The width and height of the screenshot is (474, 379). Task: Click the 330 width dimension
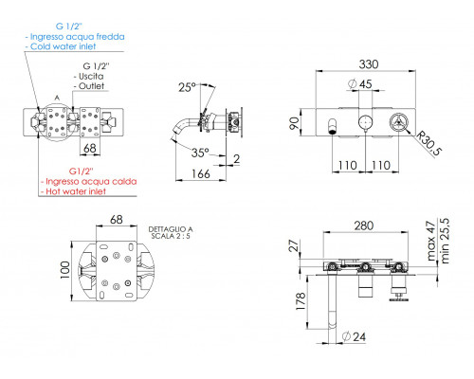pyautogui.click(x=369, y=64)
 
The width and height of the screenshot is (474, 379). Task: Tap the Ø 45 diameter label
pyautogui.click(x=360, y=84)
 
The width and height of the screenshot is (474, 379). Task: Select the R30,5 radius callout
pyautogui.click(x=428, y=143)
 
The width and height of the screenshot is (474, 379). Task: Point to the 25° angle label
pyautogui.click(x=187, y=87)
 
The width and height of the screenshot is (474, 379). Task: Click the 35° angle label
pyautogui.click(x=200, y=153)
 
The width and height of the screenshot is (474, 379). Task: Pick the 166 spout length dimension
pyautogui.click(x=201, y=173)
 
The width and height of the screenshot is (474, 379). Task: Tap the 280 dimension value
pyautogui.click(x=364, y=226)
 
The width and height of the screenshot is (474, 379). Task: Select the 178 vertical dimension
pyautogui.click(x=301, y=300)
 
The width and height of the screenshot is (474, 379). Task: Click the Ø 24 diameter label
pyautogui.click(x=354, y=336)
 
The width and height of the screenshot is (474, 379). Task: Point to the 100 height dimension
pyautogui.click(x=65, y=270)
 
